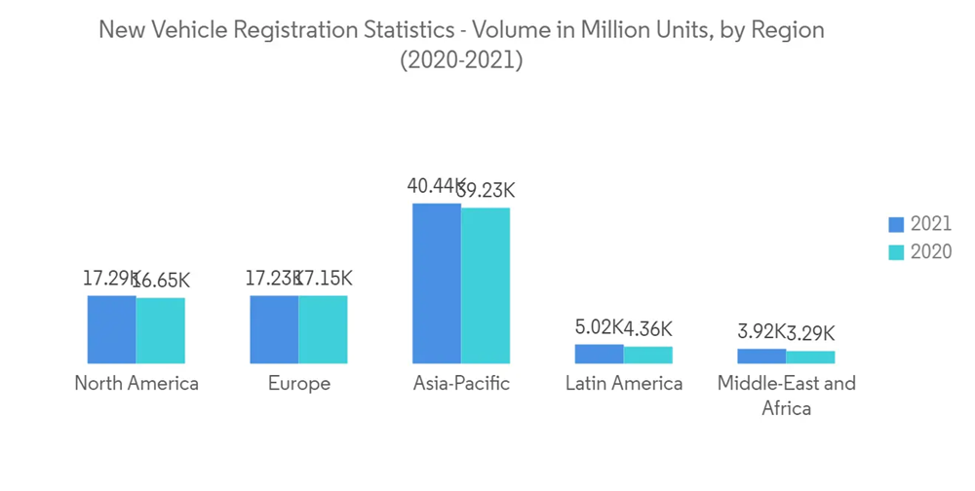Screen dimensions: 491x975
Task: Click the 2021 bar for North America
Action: pyautogui.click(x=112, y=329)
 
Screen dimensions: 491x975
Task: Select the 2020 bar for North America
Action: pyautogui.click(x=161, y=330)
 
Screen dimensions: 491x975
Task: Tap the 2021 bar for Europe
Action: pyautogui.click(x=274, y=329)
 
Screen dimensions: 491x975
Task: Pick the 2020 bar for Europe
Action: pyautogui.click(x=323, y=329)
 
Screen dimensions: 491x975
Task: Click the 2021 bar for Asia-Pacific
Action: pyautogui.click(x=437, y=283)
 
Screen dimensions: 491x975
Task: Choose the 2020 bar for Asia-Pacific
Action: pyautogui.click(x=486, y=285)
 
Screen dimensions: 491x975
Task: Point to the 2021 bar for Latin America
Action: pyautogui.click(x=600, y=354)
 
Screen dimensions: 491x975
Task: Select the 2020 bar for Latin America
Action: pyautogui.click(x=648, y=355)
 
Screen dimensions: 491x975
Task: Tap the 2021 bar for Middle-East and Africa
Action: pyautogui.click(x=761, y=356)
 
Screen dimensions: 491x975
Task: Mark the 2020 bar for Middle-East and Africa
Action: pyautogui.click(x=810, y=357)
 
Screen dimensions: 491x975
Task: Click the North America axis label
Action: pyautogui.click(x=136, y=384)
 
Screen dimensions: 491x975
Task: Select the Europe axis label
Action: pyautogui.click(x=299, y=384)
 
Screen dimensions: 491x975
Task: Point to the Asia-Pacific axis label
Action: pyautogui.click(x=461, y=384)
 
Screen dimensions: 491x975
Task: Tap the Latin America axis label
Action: pyautogui.click(x=624, y=384)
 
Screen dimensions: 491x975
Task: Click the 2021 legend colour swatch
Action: pyautogui.click(x=897, y=225)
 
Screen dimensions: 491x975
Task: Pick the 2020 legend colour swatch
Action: pyautogui.click(x=897, y=252)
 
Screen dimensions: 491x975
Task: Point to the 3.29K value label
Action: pyautogui.click(x=811, y=332)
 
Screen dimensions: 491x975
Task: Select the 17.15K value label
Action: pyautogui.click(x=326, y=280)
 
